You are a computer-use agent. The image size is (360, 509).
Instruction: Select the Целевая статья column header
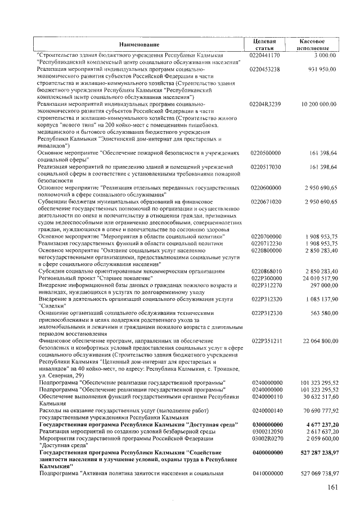coord(265,44)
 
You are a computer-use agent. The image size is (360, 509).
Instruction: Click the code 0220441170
coord(265,56)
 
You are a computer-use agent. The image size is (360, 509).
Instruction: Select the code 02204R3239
coord(265,105)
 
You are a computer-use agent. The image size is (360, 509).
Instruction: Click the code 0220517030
coord(265,167)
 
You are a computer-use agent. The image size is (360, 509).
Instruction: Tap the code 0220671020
coord(265,201)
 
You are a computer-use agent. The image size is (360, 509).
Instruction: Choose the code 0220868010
coord(265,271)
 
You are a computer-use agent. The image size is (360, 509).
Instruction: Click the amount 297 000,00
coord(323,285)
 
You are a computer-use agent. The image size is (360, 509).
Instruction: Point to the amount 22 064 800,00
coord(319,340)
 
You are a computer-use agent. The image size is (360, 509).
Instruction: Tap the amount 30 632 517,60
coord(319,396)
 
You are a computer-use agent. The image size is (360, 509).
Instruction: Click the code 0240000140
coord(265,410)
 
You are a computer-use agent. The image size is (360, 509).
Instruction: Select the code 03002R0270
coord(265,438)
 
